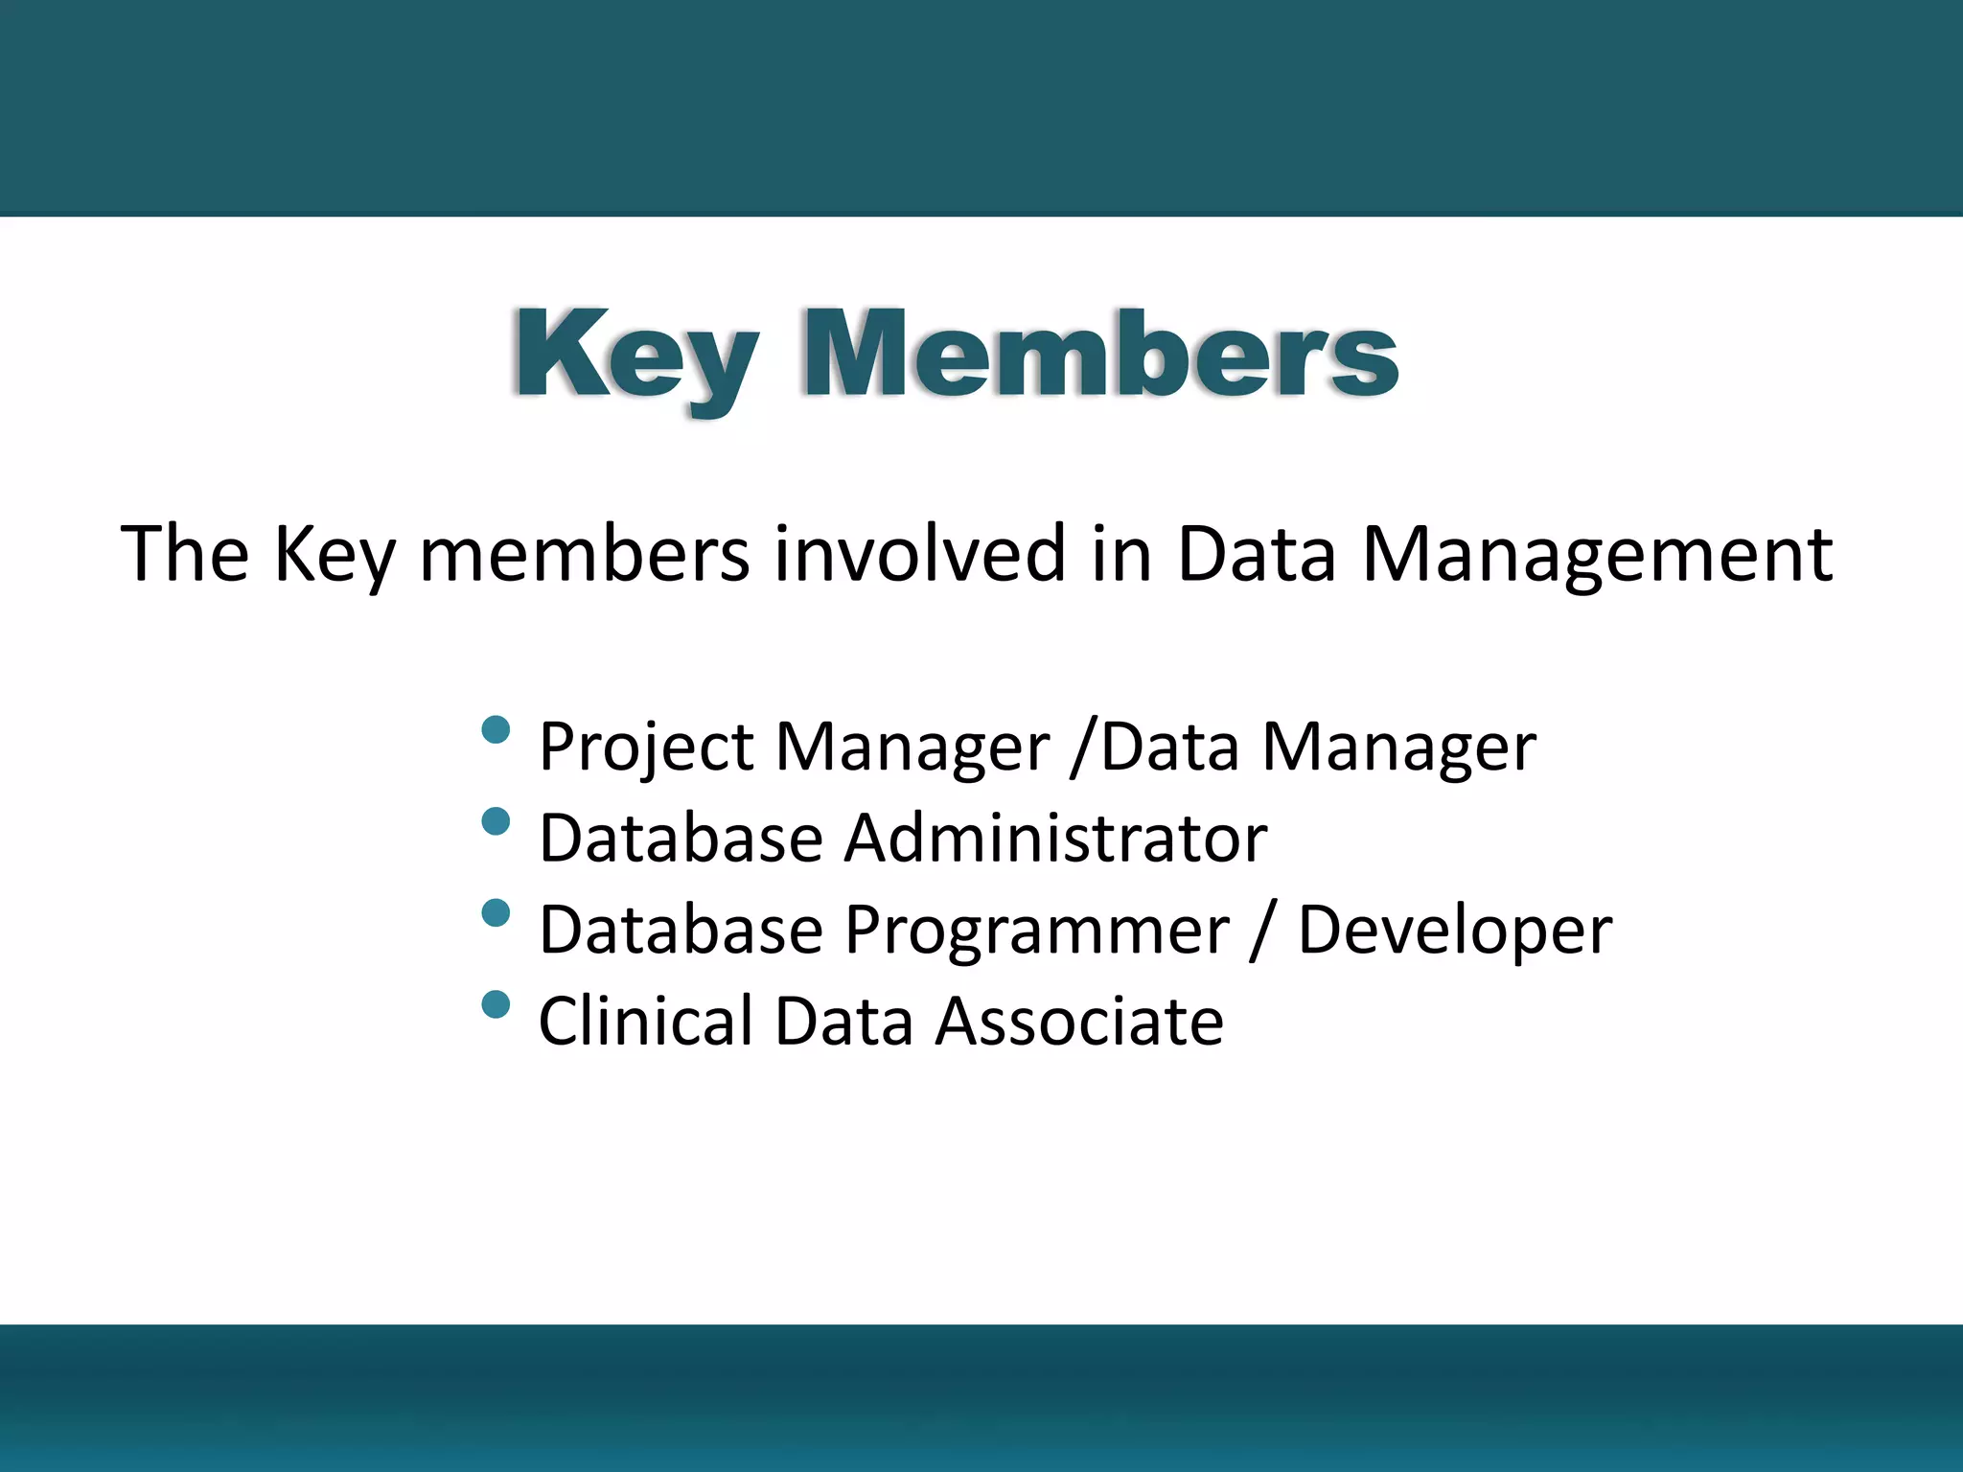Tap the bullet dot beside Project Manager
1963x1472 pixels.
[496, 730]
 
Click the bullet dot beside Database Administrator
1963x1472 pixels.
[496, 821]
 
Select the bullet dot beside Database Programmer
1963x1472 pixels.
[496, 912]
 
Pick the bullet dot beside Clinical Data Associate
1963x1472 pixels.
[496, 1003]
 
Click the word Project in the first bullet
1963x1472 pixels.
[647, 747]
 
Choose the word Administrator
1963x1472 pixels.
[1055, 839]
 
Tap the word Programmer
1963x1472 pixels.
[1036, 931]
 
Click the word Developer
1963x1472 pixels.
[1454, 931]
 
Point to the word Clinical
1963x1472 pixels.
[646, 1022]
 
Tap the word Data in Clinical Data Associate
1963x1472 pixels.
[843, 1022]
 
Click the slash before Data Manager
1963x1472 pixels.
[1083, 747]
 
